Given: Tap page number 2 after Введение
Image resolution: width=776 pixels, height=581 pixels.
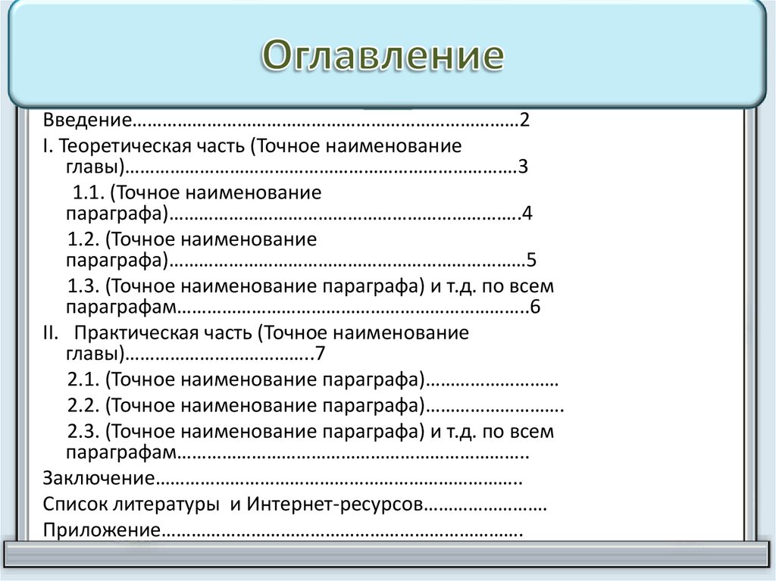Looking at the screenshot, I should [x=524, y=120].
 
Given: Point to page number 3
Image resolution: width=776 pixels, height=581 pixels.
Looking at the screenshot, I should [x=523, y=167].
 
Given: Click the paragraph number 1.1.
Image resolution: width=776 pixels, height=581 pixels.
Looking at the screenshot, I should [x=86, y=192].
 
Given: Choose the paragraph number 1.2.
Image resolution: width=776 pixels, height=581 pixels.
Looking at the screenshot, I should [x=83, y=239].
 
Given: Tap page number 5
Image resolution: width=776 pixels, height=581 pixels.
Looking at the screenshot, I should [x=532, y=261].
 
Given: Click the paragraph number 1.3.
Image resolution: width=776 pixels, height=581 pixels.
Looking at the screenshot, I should [x=83, y=286].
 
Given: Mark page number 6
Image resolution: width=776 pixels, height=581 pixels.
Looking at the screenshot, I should [x=534, y=308].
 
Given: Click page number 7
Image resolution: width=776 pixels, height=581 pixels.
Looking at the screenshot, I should [x=320, y=354].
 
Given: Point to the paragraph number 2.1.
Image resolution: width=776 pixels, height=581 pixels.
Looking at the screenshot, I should [x=83, y=380].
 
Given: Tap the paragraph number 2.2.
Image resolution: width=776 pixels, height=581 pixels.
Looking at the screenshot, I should [x=83, y=405].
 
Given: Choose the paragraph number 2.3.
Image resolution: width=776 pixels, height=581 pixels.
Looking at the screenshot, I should [x=83, y=432].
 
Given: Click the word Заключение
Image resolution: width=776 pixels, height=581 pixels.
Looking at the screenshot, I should [x=99, y=479].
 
